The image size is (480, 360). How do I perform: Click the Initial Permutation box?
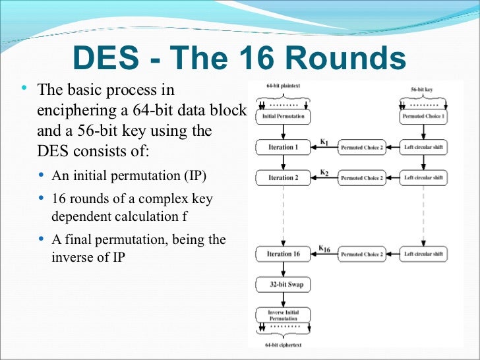tap(284, 116)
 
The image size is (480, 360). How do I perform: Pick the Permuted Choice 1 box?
tap(423, 116)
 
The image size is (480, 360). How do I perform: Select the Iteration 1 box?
tap(284, 147)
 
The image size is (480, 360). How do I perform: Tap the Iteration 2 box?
tap(284, 177)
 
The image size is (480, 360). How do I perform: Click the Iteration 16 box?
tap(284, 254)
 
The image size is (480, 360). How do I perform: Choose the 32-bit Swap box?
tap(284, 284)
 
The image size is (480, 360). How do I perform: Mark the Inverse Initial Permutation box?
tap(284, 315)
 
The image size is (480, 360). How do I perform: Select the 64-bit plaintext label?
tap(283, 86)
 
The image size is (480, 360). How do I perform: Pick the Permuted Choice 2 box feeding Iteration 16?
tap(361, 254)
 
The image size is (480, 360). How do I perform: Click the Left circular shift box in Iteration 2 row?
tap(423, 177)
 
